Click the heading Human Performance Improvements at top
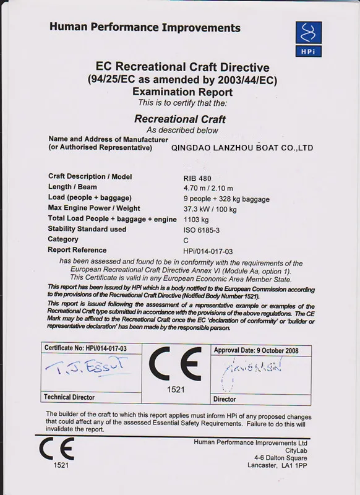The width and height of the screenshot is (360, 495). tap(145, 28)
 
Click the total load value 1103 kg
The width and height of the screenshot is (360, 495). tap(196, 219)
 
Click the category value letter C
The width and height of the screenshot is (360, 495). tap(186, 239)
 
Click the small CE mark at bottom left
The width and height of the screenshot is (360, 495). tap(57, 450)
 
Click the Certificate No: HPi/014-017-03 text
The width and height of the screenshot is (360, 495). tap(85, 349)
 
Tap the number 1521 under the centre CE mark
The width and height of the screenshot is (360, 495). tap(176, 390)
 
